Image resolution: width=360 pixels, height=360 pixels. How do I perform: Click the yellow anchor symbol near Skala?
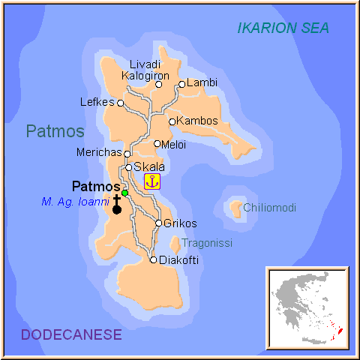click(x=152, y=181)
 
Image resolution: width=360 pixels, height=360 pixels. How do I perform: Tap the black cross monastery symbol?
click(x=117, y=205)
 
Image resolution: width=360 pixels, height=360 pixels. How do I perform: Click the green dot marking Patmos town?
click(x=125, y=193)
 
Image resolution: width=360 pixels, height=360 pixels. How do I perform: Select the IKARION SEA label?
click(x=283, y=28)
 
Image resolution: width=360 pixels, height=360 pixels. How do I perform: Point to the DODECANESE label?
click(x=71, y=335)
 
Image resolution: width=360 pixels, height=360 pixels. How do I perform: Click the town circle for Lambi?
click(x=181, y=85)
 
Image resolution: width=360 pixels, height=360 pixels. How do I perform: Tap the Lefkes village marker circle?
click(x=121, y=103)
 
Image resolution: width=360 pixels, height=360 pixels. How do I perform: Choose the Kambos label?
click(x=199, y=121)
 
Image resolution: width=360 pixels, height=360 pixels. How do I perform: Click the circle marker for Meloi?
click(x=157, y=144)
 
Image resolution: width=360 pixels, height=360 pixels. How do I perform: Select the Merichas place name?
click(x=99, y=152)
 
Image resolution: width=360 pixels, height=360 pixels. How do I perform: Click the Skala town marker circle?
click(x=129, y=167)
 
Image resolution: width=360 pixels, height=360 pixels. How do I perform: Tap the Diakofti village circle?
click(x=154, y=260)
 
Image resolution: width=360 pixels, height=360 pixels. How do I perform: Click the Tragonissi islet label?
click(x=207, y=243)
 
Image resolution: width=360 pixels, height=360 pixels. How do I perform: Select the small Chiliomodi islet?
click(x=236, y=207)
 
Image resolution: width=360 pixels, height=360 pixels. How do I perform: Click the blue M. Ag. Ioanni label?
click(x=76, y=202)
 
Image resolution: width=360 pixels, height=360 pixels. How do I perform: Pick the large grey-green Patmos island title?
click(x=55, y=131)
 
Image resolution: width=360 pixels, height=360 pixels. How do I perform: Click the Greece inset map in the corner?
click(x=308, y=308)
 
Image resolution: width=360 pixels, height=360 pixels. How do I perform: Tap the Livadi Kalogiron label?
click(x=145, y=70)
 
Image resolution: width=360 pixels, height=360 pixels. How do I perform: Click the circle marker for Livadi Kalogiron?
click(x=158, y=85)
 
